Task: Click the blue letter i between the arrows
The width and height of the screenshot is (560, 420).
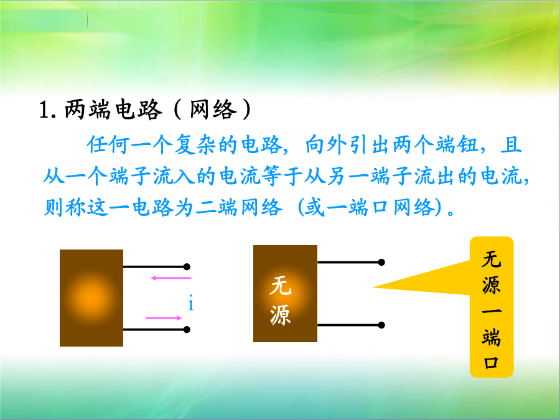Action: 191,303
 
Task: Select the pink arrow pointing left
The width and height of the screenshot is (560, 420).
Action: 170,278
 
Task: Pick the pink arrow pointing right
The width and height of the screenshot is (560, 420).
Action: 164,318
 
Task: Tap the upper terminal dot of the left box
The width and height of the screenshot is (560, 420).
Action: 187,267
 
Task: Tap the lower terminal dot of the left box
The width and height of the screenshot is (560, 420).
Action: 187,329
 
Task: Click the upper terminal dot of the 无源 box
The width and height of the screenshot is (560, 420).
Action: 381,262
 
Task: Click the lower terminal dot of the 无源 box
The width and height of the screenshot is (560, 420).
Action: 381,325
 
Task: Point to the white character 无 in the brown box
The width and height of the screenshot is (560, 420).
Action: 281,286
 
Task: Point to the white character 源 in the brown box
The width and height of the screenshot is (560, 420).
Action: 281,315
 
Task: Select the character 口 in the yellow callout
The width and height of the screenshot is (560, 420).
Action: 491,363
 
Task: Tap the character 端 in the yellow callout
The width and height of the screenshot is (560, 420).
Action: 491,337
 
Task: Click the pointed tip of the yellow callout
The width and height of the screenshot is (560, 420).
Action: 373,287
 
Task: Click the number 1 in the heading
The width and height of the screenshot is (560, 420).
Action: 44,110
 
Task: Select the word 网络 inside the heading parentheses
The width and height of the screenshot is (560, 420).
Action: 213,110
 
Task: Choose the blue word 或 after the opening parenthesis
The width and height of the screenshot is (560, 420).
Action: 314,207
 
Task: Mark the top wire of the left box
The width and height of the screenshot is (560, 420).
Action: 155,267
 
